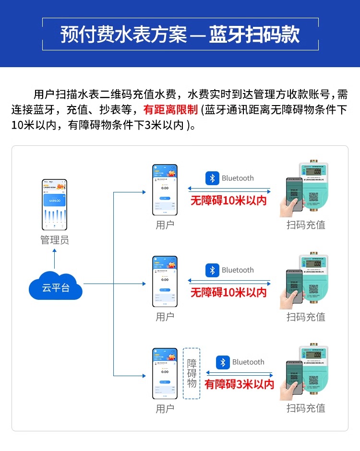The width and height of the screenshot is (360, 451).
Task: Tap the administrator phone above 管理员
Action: point(55,205)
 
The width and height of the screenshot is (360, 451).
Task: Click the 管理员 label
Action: point(55,240)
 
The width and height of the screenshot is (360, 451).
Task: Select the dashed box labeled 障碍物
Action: point(192,373)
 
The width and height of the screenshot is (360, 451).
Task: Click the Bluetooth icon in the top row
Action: point(212,178)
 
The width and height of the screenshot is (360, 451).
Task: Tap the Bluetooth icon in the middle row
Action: point(212,270)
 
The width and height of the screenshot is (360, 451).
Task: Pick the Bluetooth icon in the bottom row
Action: point(223,362)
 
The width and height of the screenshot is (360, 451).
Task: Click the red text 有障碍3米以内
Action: point(239,384)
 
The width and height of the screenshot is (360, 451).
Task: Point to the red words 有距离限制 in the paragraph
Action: point(170,109)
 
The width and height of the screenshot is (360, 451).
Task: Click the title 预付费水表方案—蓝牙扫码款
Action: point(180,35)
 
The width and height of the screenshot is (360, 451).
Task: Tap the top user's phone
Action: point(165,190)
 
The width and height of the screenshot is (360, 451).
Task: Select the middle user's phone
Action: point(165,282)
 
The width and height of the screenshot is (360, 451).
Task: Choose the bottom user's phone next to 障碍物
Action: point(165,373)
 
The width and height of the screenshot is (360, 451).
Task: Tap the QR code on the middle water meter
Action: point(313,289)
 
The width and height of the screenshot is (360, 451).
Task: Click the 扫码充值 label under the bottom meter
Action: point(306,408)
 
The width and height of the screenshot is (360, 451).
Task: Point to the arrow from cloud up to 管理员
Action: point(55,260)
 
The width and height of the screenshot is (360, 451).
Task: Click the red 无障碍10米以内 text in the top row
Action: point(228,201)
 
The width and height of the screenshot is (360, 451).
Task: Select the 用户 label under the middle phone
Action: point(165,317)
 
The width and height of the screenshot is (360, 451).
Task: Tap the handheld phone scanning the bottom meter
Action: point(293,379)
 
